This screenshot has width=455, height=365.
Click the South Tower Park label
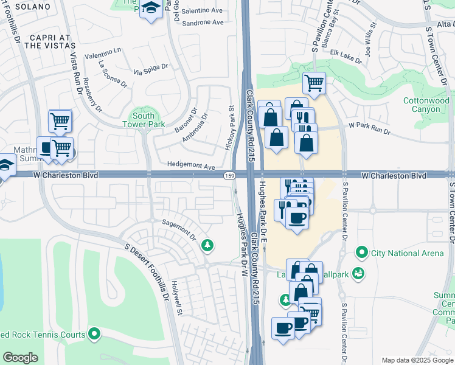pyautogui.click(x=144, y=120)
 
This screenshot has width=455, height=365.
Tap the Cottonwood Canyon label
pyautogui.click(x=426, y=105)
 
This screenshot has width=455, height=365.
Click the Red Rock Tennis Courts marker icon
pyautogui.click(x=94, y=333)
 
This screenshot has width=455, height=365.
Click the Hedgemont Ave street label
pyautogui.click(x=192, y=166)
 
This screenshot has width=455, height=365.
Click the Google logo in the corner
pyautogui.click(x=20, y=358)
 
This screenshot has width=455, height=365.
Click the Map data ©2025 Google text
pyautogui.click(x=417, y=360)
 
